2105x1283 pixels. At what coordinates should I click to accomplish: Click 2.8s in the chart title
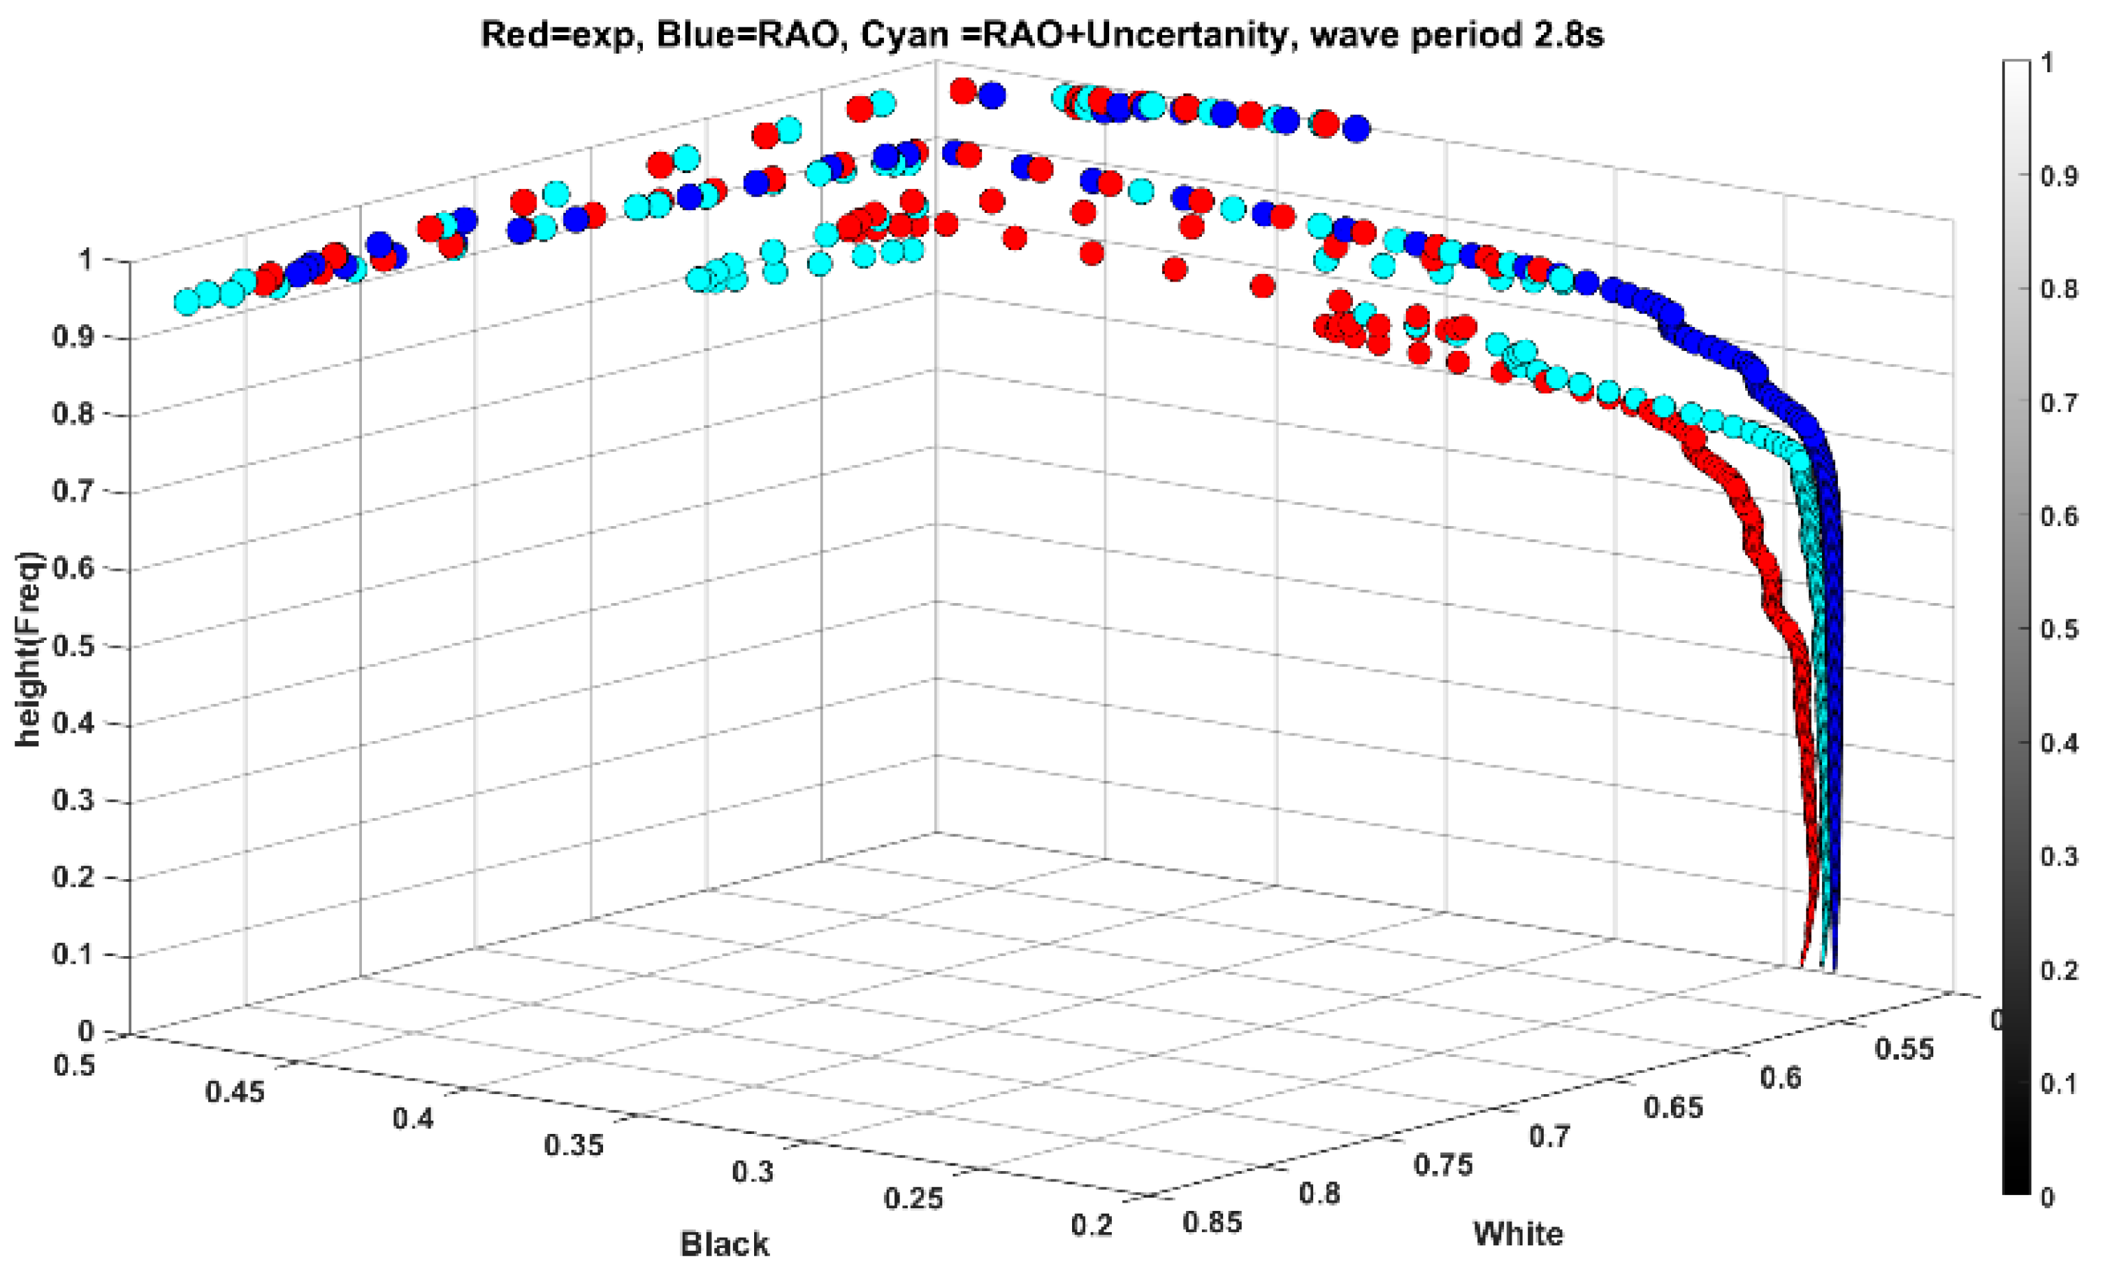point(1566,35)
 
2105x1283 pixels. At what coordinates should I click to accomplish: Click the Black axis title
point(724,1245)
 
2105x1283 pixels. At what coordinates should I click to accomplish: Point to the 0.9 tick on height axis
point(74,337)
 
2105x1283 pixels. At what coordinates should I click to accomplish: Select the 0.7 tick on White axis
point(1549,1136)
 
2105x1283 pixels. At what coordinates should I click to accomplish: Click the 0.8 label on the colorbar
point(2059,288)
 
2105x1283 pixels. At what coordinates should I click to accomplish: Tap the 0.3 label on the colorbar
point(2059,856)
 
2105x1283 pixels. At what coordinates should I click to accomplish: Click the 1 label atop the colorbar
point(2047,63)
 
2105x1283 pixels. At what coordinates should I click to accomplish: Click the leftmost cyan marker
point(187,302)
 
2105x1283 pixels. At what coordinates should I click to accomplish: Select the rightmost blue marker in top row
point(1356,129)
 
